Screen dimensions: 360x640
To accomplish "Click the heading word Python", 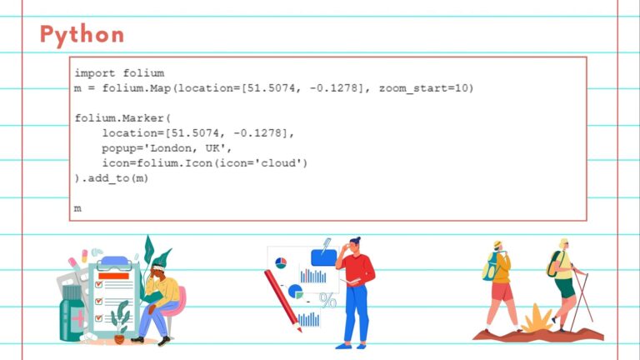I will point(82,35).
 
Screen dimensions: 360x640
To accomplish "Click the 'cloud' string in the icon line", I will point(281,162).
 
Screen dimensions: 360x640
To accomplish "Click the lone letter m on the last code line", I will point(77,207).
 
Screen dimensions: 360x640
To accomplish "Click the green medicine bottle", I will point(72,317).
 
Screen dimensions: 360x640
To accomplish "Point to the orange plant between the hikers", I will point(533,318).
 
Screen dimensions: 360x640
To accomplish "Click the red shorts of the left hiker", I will point(502,291).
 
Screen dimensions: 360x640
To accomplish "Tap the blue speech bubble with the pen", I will point(323,256).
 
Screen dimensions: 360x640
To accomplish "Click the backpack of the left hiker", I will point(489,266).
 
